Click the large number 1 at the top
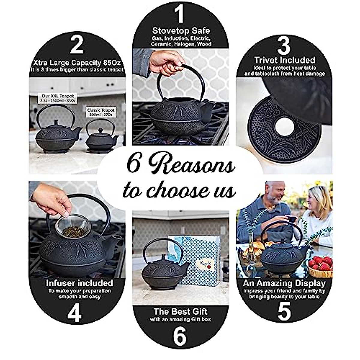point(179,13)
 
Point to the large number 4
point(74,313)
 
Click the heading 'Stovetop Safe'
point(181,31)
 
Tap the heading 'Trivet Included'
point(284,60)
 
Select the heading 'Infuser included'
point(79,283)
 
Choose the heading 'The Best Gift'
point(180,311)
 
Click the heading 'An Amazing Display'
point(284,283)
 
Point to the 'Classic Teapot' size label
point(101,112)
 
